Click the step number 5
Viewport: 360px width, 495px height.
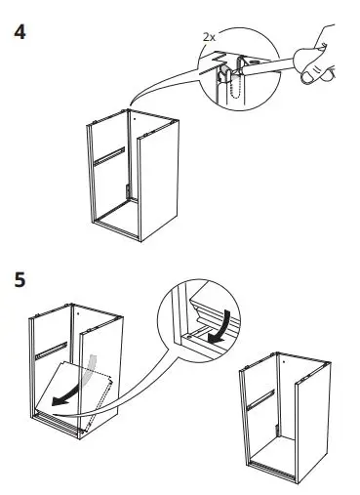tap(18, 279)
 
